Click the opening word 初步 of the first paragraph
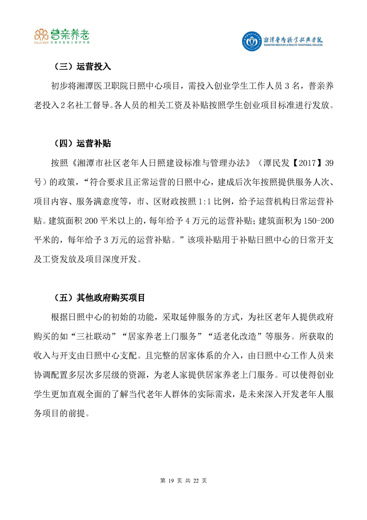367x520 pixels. pyautogui.click(x=59, y=86)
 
